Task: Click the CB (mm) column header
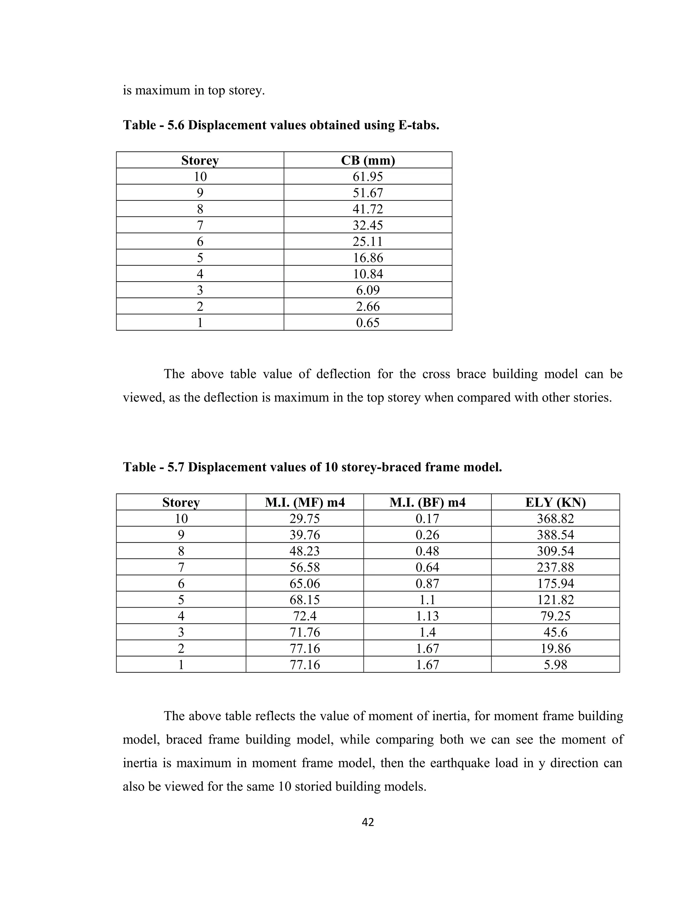(x=368, y=160)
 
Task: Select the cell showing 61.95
(x=368, y=177)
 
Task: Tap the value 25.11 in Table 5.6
(x=368, y=242)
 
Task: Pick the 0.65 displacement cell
(x=368, y=323)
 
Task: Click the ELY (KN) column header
(x=556, y=502)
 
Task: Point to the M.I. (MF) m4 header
(x=305, y=502)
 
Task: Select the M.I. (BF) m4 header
(x=427, y=502)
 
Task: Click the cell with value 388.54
(x=556, y=535)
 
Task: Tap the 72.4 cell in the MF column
(x=305, y=616)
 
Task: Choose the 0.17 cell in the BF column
(x=427, y=519)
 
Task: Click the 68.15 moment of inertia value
(x=305, y=600)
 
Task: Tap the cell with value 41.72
(x=368, y=209)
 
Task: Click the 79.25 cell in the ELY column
(x=556, y=616)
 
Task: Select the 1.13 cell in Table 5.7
(x=427, y=616)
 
